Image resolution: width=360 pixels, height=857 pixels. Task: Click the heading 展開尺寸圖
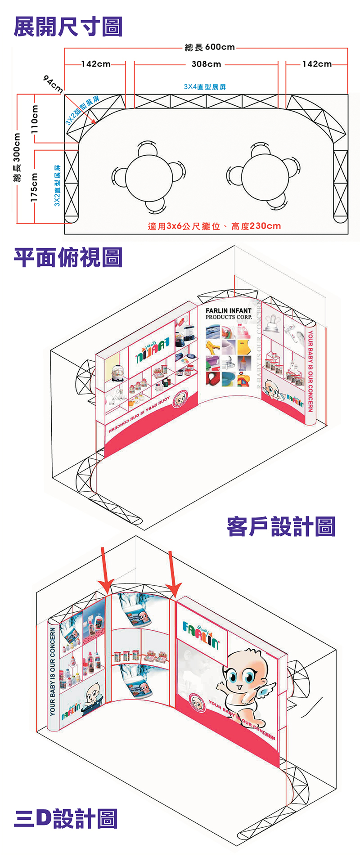[x=68, y=27]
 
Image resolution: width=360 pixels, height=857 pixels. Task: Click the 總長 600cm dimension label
[x=210, y=47]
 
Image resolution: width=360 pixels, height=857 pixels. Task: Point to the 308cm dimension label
[x=206, y=64]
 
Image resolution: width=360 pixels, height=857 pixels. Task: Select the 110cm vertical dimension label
[x=35, y=119]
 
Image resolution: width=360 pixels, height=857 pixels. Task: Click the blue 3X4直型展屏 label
[x=205, y=87]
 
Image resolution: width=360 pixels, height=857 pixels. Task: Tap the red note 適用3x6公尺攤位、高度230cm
[x=214, y=226]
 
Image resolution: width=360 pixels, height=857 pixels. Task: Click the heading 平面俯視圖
[x=68, y=257]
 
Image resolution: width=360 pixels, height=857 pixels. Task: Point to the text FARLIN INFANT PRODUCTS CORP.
[x=229, y=314]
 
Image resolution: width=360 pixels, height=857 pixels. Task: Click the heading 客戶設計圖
[x=281, y=526]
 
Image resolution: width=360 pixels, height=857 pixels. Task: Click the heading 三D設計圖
[x=66, y=818]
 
